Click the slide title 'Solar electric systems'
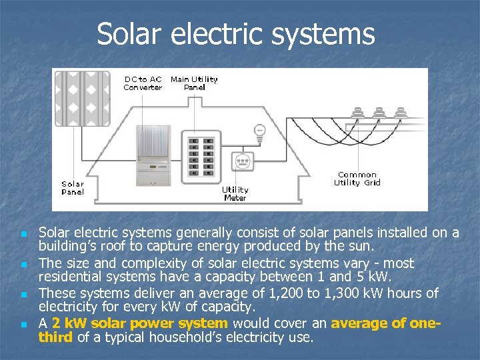(x=235, y=34)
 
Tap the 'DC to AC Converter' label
(x=143, y=83)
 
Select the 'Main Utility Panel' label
(x=194, y=83)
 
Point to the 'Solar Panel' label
(x=73, y=188)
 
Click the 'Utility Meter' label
(x=235, y=194)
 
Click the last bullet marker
(x=23, y=325)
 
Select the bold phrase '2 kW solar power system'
(x=140, y=323)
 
